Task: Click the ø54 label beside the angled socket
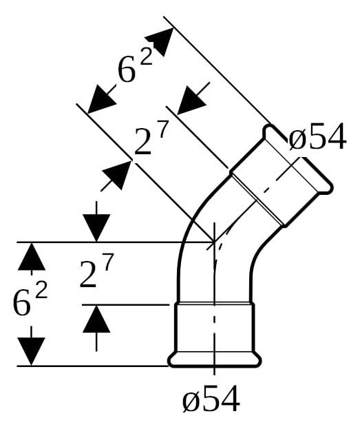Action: (x=317, y=136)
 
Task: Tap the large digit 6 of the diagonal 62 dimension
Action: (x=127, y=68)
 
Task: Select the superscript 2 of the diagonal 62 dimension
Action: (x=146, y=56)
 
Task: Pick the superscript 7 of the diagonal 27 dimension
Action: (x=164, y=129)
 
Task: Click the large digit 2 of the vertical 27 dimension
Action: (x=88, y=274)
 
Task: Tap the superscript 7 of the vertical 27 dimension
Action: (x=108, y=262)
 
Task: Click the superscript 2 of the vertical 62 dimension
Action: (x=41, y=290)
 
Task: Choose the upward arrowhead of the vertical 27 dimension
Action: (x=96, y=318)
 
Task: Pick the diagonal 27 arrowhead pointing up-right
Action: (x=117, y=175)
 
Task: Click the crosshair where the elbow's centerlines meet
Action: (x=215, y=242)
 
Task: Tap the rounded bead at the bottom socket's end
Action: (x=215, y=361)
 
